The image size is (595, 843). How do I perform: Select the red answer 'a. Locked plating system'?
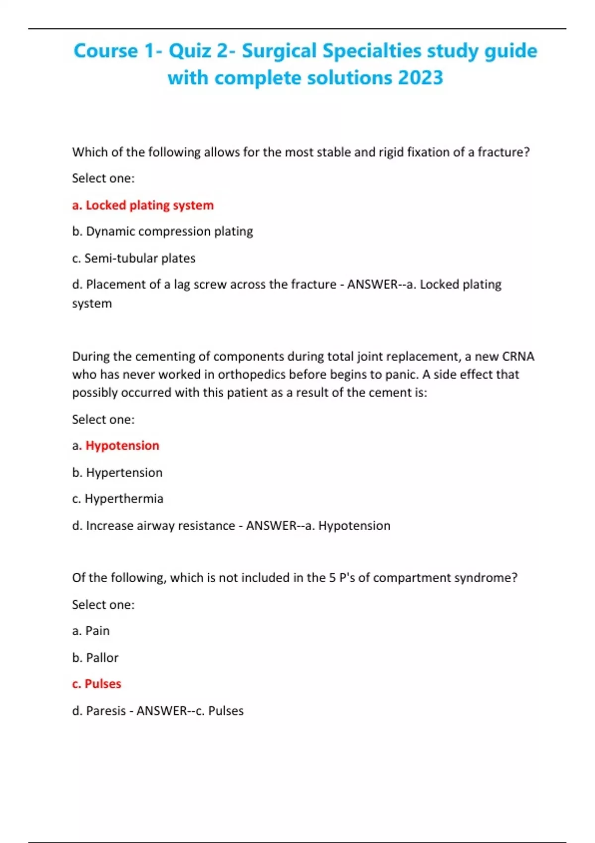(x=143, y=205)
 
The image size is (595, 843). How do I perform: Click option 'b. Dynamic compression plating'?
(x=162, y=231)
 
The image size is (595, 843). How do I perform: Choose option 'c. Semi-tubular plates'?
(x=133, y=258)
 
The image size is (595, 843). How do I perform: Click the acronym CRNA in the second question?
(x=518, y=357)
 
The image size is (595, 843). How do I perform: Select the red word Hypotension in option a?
(x=122, y=445)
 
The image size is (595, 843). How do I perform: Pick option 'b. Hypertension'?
(x=117, y=472)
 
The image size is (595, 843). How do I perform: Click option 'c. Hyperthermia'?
(x=118, y=498)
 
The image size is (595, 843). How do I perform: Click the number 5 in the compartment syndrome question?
(x=332, y=578)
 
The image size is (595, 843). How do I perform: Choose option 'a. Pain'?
(x=91, y=631)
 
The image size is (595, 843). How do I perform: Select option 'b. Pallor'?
(x=95, y=658)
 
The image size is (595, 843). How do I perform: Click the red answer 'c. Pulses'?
(x=97, y=684)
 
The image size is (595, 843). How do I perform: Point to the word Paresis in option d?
(x=106, y=711)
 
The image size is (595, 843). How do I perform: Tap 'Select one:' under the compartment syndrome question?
(x=103, y=604)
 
